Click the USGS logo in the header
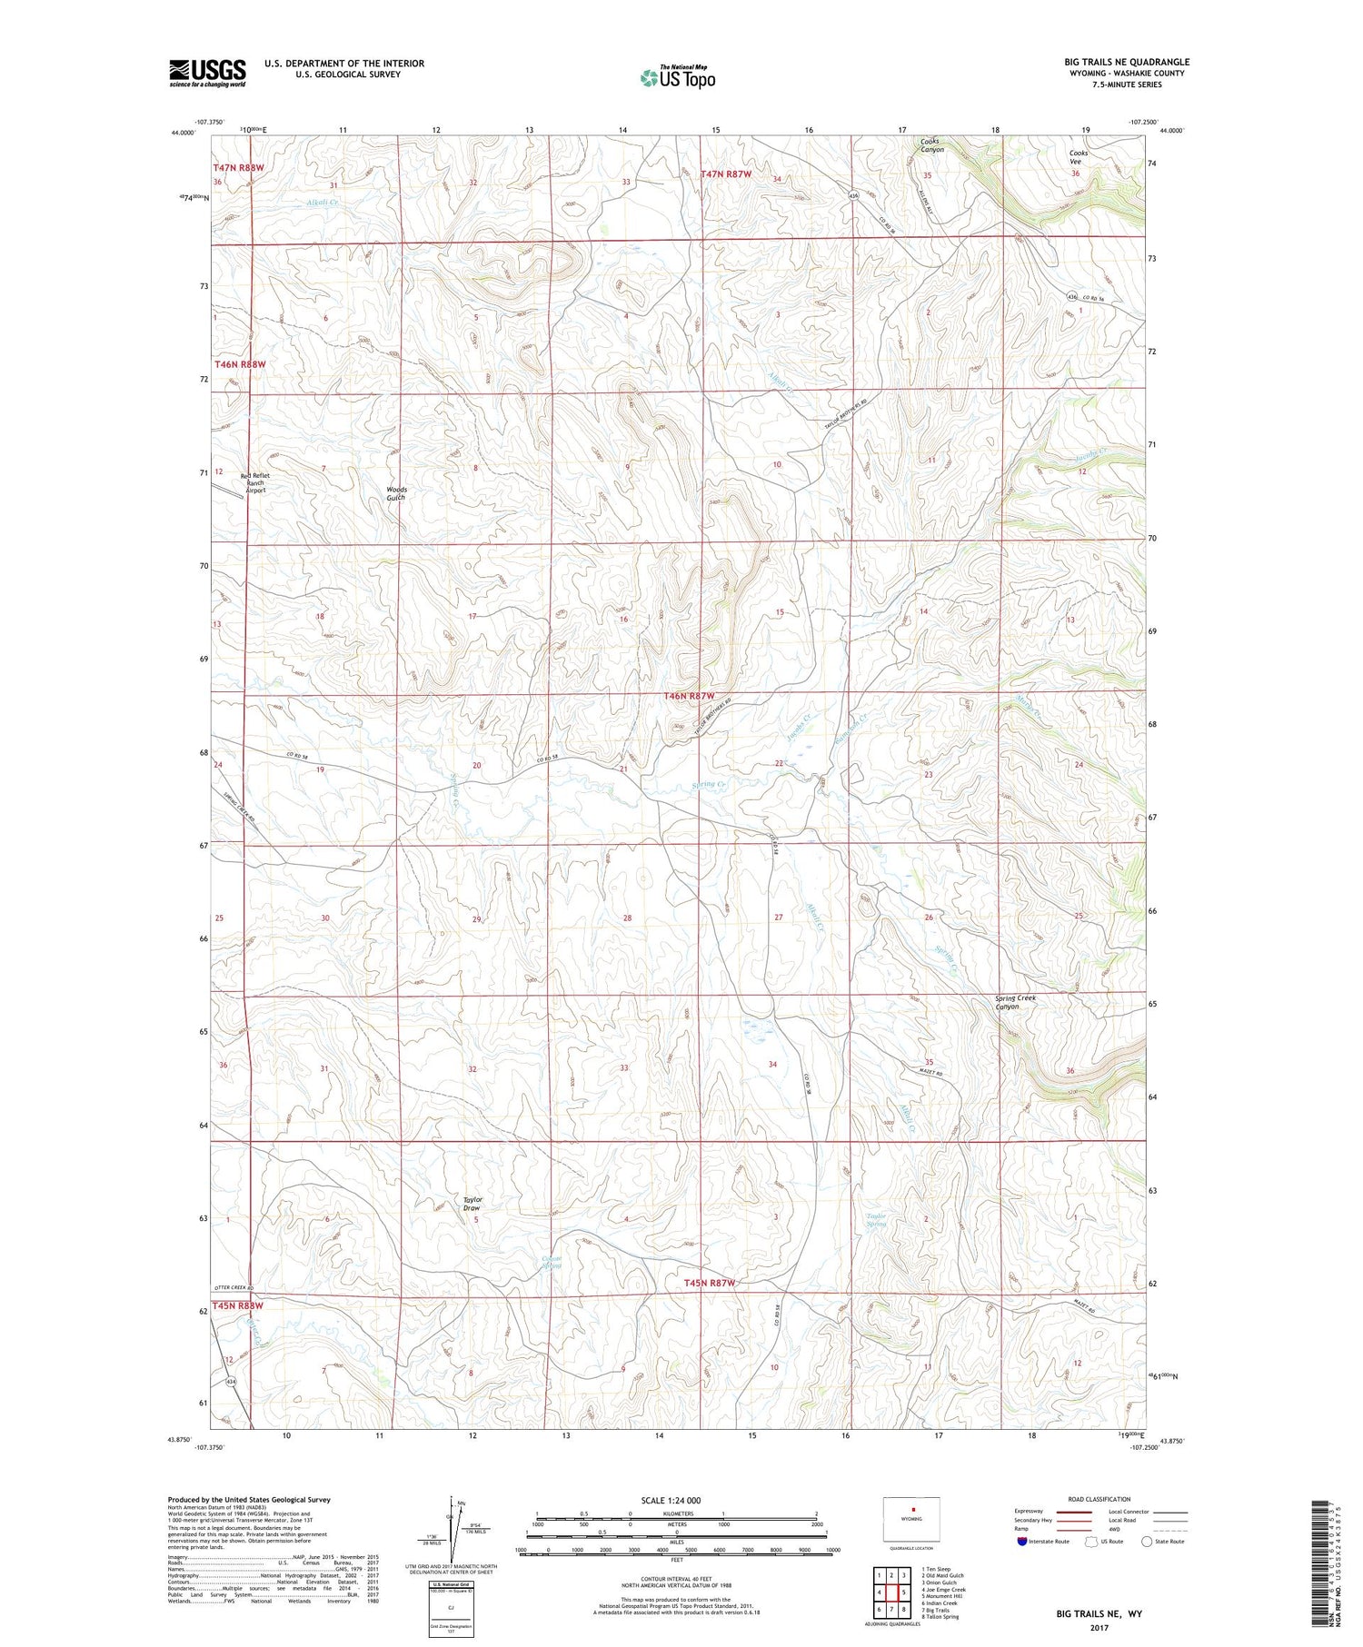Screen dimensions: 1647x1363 click(207, 73)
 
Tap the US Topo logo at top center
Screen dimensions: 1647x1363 click(677, 77)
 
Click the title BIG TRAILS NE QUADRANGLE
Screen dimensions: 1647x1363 click(1127, 62)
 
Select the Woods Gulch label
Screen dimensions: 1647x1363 click(396, 493)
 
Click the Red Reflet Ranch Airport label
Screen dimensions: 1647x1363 click(255, 482)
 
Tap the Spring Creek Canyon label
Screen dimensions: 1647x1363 click(1015, 1002)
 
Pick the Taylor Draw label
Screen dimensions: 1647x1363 click(472, 1204)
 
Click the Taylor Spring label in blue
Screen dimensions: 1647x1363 click(876, 1220)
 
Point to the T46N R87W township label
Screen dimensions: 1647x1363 click(695, 696)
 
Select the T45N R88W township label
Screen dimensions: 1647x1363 click(238, 1305)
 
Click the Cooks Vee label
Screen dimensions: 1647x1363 click(1079, 157)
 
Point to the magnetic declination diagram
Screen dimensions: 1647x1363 click(451, 1529)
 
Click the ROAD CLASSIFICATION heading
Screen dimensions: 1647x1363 click(1099, 1499)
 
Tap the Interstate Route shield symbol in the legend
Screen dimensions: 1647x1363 click(1022, 1541)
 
